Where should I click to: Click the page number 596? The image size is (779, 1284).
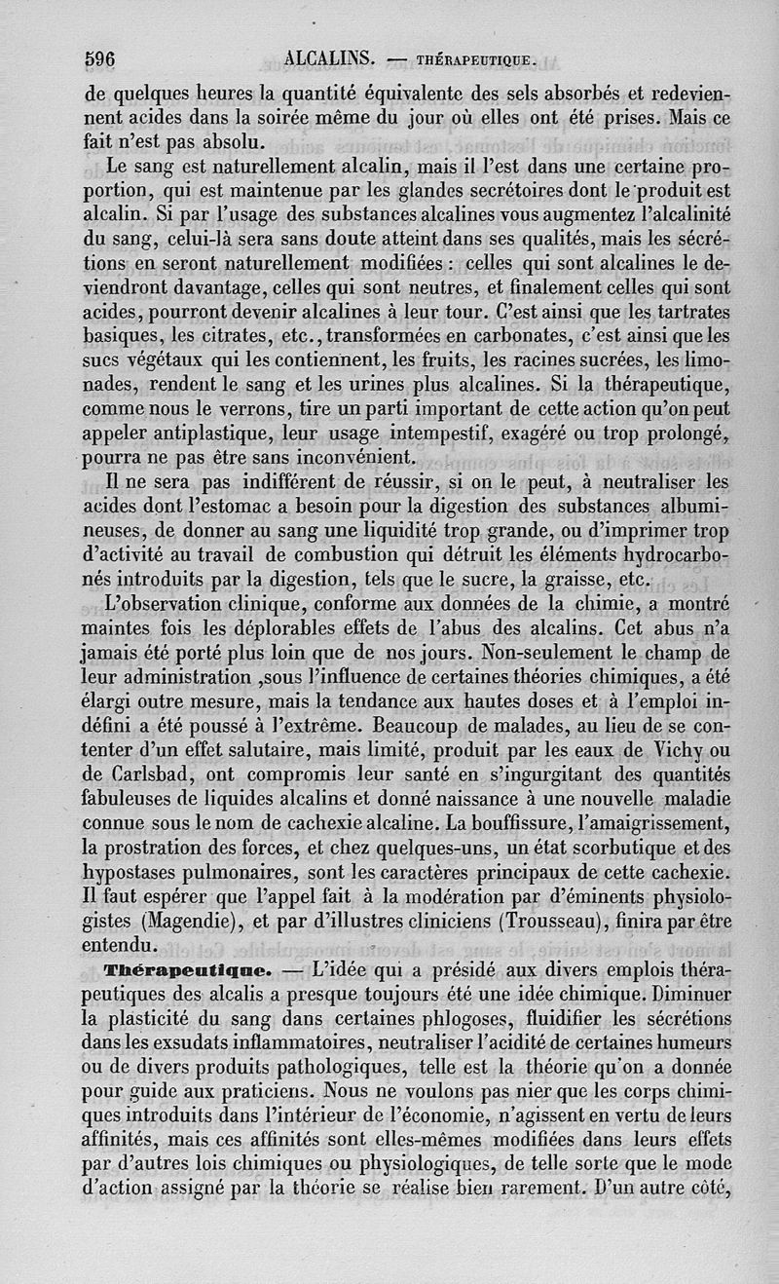click(x=100, y=57)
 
